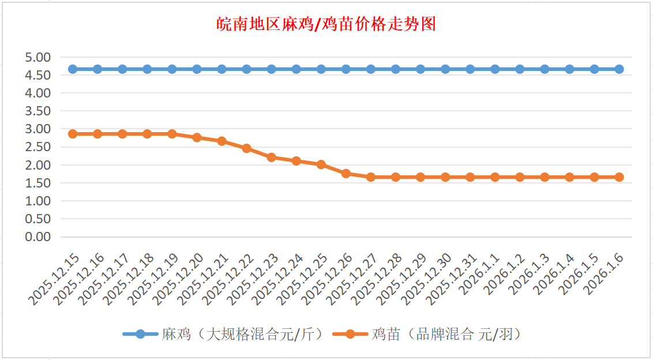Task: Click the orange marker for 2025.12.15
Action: point(73,134)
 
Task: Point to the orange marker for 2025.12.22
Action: point(246,148)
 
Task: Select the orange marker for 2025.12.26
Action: point(346,173)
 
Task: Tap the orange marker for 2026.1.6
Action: point(619,177)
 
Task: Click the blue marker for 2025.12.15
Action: point(73,69)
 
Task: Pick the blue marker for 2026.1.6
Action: point(619,69)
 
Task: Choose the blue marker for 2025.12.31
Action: point(470,69)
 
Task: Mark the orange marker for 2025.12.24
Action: point(296,161)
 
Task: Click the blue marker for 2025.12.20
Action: point(197,69)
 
